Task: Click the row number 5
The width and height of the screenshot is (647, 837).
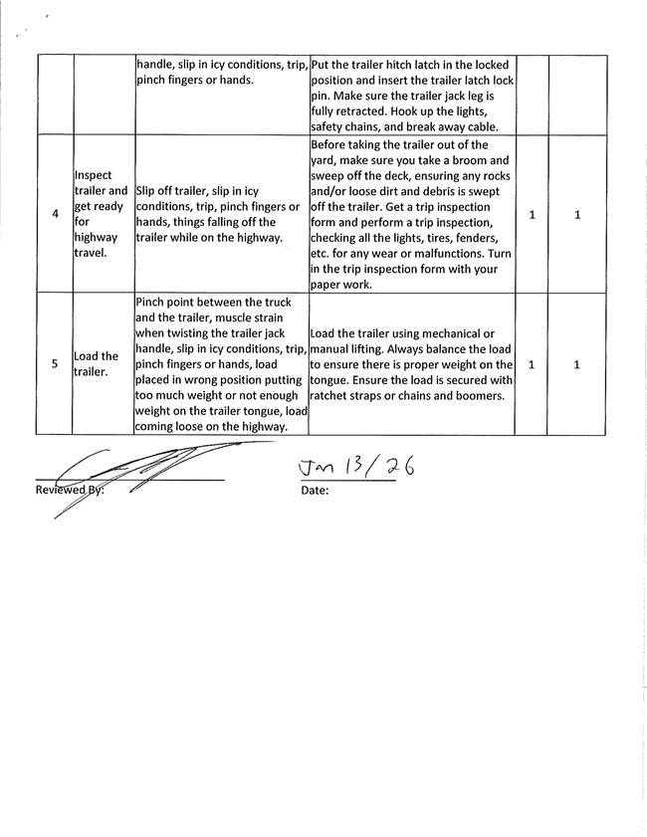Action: (x=54, y=364)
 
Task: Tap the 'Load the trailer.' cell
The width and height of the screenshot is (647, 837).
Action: (x=97, y=364)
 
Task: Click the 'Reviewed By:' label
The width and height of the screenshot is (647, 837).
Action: (x=70, y=491)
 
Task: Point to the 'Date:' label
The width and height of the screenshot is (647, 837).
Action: (x=314, y=491)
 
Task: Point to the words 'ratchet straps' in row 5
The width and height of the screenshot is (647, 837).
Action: (x=352, y=396)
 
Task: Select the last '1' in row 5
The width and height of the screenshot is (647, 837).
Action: (x=578, y=364)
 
